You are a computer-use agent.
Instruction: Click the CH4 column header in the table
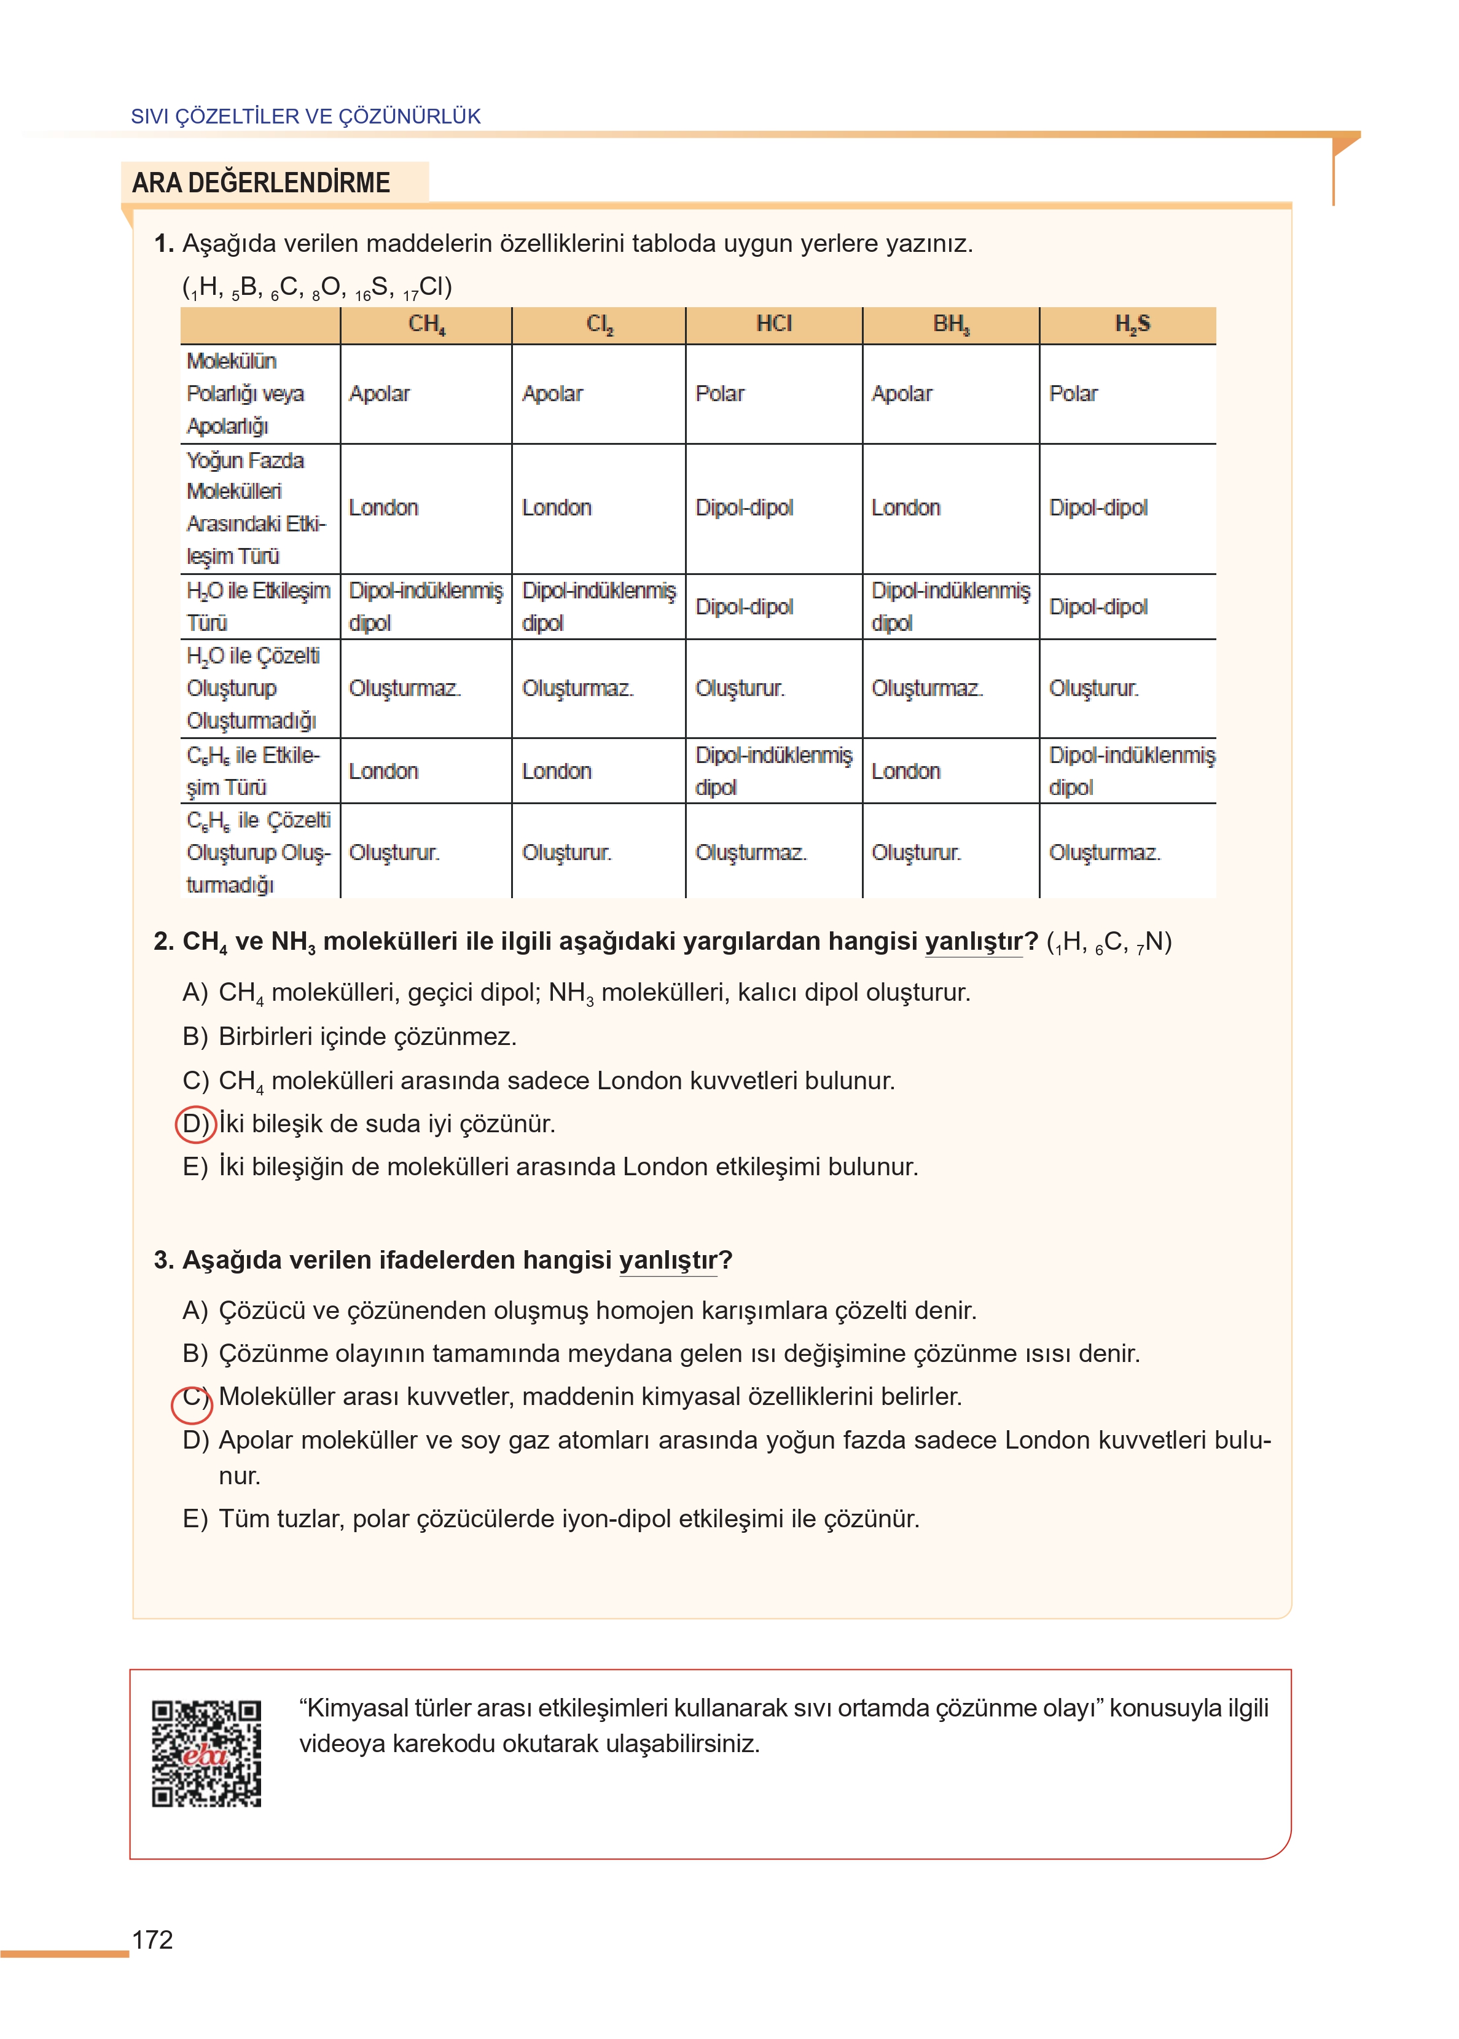(x=427, y=324)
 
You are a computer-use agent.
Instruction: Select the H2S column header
(x=1131, y=324)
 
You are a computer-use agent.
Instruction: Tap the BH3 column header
(x=950, y=324)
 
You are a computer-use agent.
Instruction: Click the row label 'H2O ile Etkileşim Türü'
(x=258, y=606)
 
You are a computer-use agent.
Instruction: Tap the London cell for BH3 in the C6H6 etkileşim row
(x=906, y=770)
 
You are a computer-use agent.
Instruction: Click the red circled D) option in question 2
(x=194, y=1124)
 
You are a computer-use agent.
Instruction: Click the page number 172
(x=153, y=1939)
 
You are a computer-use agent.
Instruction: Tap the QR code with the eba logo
(x=206, y=1753)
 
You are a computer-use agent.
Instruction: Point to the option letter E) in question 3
(x=195, y=1519)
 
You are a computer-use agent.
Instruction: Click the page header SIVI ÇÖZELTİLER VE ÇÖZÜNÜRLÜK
(x=305, y=117)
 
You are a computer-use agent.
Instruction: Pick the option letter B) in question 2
(x=195, y=1036)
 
